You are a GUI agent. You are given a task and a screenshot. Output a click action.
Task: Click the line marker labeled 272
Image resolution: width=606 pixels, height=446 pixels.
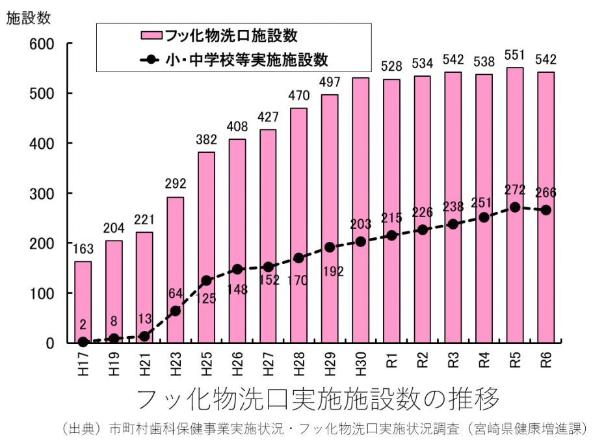[x=515, y=207]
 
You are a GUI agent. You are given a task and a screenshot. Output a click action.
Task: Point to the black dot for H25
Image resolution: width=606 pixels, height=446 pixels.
[x=207, y=280]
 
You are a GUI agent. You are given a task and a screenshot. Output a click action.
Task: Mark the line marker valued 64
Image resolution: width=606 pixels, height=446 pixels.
[x=176, y=311]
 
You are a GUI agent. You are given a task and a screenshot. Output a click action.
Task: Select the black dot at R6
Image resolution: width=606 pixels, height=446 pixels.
[x=546, y=210]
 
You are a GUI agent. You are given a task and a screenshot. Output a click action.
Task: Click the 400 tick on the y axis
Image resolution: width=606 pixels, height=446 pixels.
[x=41, y=143]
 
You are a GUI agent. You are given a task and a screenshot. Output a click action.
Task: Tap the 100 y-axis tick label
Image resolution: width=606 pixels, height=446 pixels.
[x=41, y=293]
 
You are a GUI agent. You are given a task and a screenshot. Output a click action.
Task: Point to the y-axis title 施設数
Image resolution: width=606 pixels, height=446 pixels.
[x=27, y=19]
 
